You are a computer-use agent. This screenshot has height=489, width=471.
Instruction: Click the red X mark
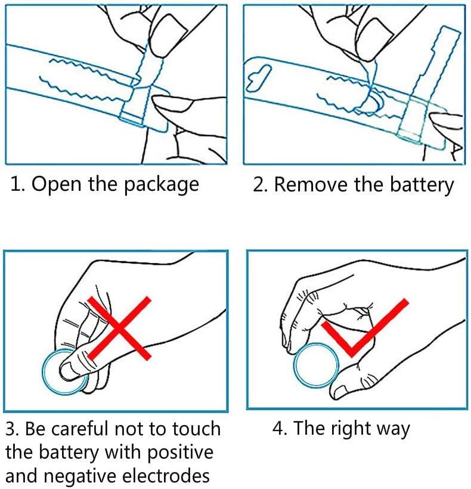[x=119, y=328]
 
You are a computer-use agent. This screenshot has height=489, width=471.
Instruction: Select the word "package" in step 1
[x=162, y=185]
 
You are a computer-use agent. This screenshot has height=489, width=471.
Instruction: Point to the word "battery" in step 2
[x=422, y=185]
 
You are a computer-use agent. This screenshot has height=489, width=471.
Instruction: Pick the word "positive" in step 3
[x=180, y=453]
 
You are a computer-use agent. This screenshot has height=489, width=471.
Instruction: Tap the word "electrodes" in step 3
[x=166, y=476]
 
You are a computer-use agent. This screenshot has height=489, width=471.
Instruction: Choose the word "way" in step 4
[x=393, y=431]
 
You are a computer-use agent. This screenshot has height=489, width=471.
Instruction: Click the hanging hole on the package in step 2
[x=258, y=78]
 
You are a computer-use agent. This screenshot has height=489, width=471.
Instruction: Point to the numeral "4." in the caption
[x=280, y=428]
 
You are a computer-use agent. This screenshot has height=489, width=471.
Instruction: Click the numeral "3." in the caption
[x=13, y=429]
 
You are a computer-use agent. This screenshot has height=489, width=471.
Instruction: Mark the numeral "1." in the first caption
[x=19, y=184]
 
